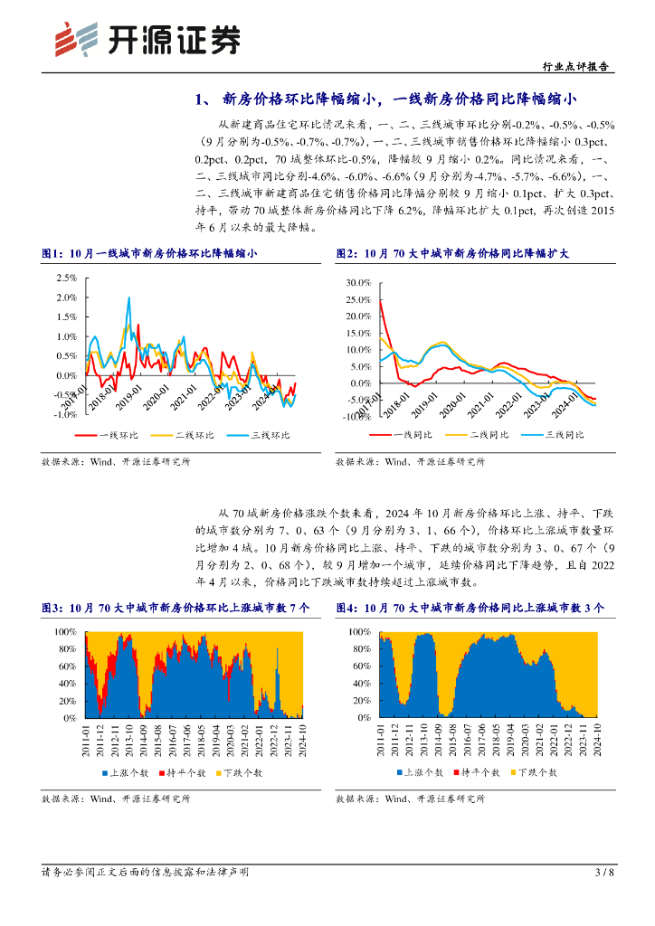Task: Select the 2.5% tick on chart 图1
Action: (x=65, y=279)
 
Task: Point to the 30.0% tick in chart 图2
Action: (x=358, y=283)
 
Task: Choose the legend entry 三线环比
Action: (x=263, y=435)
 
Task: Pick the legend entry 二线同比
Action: (x=482, y=435)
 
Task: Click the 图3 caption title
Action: (x=176, y=609)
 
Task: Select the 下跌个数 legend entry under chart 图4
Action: (x=534, y=773)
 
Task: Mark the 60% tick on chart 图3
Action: (x=67, y=666)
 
